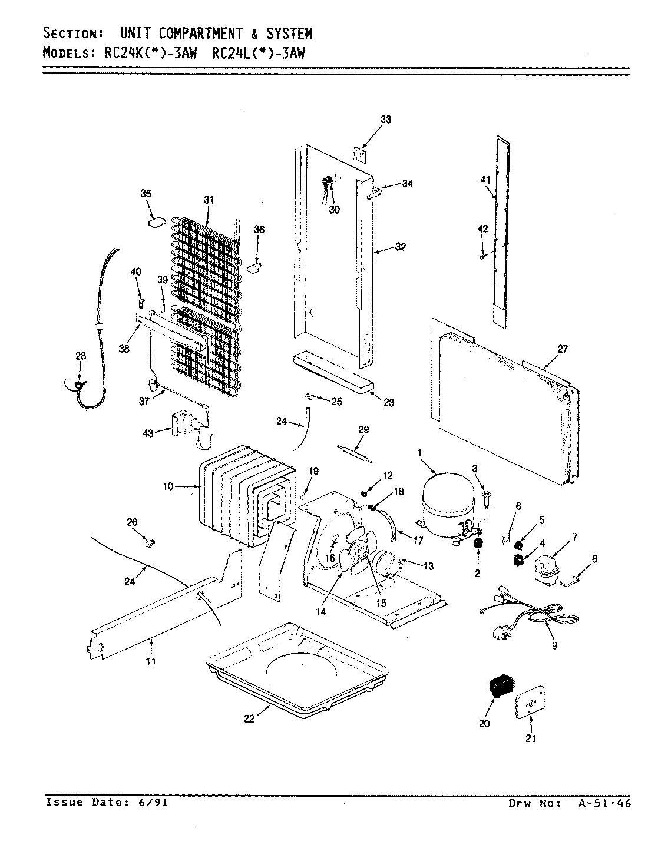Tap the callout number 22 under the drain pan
point(249,719)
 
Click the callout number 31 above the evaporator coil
point(209,200)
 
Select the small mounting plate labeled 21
point(530,700)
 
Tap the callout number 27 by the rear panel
point(562,349)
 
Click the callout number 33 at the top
point(385,120)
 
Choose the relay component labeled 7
point(545,569)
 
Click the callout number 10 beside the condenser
point(168,486)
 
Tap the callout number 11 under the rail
point(151,661)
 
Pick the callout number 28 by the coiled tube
point(80,355)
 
